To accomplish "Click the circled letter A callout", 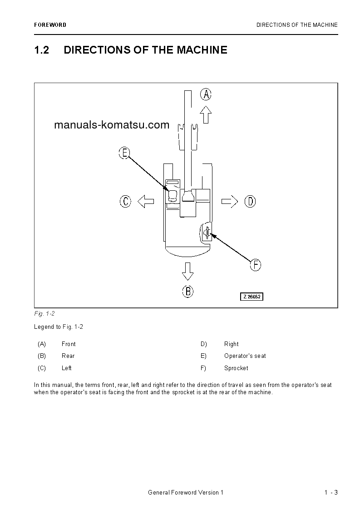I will (206, 94).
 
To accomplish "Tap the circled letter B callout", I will (188, 291).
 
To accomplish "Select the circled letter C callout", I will (125, 201).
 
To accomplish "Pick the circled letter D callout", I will (250, 201).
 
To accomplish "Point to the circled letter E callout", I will (124, 153).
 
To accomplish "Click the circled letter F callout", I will (256, 265).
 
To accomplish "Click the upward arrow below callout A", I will (206, 114).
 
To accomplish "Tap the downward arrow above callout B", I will (187, 271).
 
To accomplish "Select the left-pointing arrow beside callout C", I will (145, 201).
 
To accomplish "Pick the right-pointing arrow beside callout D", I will (230, 201).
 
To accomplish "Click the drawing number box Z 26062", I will (252, 297).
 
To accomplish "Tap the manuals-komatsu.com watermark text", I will (112, 125).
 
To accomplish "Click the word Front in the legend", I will (69, 344).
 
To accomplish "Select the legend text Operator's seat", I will (245, 356).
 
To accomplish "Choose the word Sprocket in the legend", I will (236, 368).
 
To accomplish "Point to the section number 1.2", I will (41, 50).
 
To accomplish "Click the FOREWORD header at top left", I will (50, 25).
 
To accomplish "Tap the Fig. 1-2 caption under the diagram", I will (44, 314).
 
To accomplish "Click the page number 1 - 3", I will (331, 493).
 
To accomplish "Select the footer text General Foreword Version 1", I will (186, 493).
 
